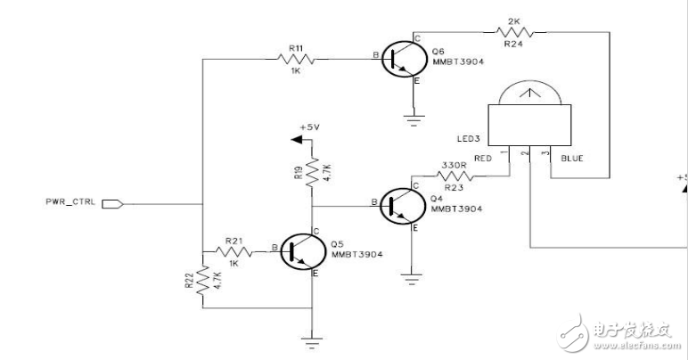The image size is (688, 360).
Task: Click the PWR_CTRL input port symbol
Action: [x=113, y=204]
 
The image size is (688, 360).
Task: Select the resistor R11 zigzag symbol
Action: [x=296, y=59]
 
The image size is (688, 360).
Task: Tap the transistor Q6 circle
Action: [x=403, y=59]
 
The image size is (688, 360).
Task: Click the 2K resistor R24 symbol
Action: [x=515, y=32]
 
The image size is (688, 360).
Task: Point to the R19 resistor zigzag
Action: [x=312, y=172]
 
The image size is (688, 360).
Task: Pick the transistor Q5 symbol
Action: [x=303, y=251]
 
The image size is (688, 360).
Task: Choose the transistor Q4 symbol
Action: [x=403, y=206]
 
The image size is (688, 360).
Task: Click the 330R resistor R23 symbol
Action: [x=455, y=176]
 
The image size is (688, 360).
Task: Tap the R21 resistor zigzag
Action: [x=233, y=251]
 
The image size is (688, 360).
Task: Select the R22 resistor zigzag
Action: [x=202, y=281]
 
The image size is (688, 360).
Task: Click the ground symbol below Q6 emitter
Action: [x=414, y=120]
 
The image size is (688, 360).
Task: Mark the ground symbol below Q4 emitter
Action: [x=411, y=279]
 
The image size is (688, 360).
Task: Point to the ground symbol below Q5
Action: [x=312, y=343]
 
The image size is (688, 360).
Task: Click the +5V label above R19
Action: [x=310, y=127]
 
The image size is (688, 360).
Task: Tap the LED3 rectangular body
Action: [x=529, y=125]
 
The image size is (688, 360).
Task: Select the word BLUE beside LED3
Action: [x=572, y=159]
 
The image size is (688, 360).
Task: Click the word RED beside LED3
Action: [x=483, y=159]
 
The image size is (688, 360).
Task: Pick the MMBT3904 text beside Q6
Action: [x=458, y=61]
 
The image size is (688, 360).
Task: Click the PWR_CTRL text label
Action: [x=70, y=202]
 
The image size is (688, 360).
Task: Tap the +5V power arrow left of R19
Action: [x=297, y=139]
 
